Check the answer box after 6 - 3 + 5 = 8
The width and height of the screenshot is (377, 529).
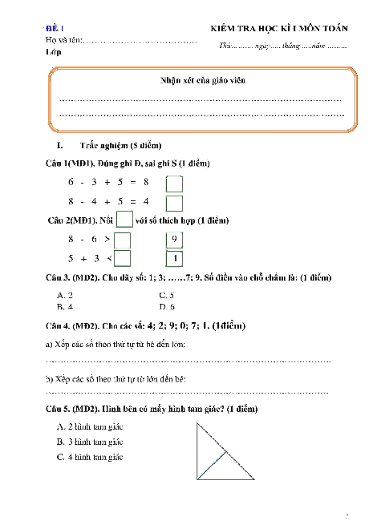pos(174,184)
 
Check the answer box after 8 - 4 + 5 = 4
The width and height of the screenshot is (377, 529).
pos(174,203)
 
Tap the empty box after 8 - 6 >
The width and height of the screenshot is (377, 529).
pos(123,240)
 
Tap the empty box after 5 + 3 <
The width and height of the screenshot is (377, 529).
pos(123,258)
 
